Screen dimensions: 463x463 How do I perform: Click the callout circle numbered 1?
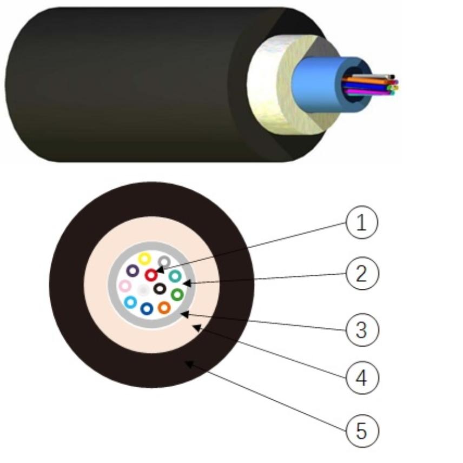(361, 222)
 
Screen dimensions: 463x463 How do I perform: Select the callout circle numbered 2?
(362, 274)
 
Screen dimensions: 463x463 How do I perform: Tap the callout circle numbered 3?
(362, 329)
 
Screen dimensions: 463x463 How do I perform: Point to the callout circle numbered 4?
(362, 378)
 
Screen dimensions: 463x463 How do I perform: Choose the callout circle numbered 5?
(362, 431)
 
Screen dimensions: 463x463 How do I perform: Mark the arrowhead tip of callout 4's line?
(193, 326)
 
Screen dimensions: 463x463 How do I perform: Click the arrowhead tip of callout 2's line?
(183, 283)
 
